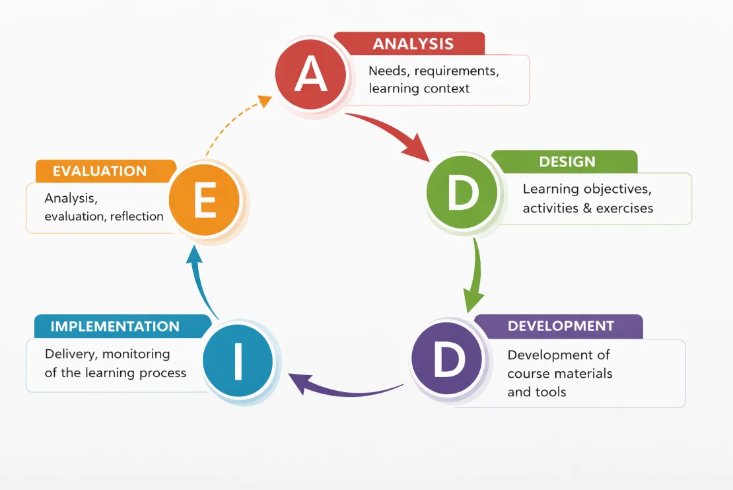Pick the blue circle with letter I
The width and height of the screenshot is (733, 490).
[x=238, y=361]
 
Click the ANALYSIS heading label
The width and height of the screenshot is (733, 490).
[x=413, y=44]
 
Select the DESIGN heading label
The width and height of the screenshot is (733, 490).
[x=567, y=162]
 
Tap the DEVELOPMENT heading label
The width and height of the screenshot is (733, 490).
[x=561, y=326]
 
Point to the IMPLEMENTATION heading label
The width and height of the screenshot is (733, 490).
[x=115, y=326]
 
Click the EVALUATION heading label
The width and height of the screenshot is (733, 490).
[x=100, y=171]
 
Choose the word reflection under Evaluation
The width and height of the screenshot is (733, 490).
[x=137, y=216]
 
